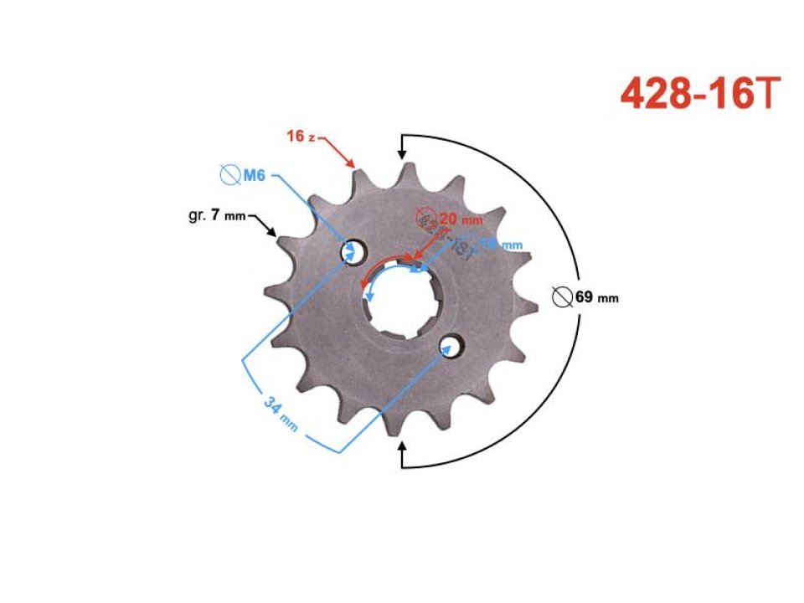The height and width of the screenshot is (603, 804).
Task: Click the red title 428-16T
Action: pos(702,95)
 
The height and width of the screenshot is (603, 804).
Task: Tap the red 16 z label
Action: pos(300,137)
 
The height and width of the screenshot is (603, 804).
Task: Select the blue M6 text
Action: pos(254,175)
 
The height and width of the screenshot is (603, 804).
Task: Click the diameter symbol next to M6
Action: pos(228,175)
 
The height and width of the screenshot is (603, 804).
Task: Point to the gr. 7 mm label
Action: pos(217,216)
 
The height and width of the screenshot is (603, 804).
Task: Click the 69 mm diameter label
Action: pos(596,297)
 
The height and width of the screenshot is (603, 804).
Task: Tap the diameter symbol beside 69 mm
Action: pos(564,296)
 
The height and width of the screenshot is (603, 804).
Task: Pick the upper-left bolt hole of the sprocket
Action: pos(350,251)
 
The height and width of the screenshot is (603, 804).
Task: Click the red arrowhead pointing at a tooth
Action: pos(353,164)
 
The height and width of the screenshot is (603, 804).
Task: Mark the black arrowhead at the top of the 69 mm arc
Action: pos(403,154)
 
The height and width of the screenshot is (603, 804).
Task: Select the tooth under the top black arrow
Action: pos(408,175)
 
